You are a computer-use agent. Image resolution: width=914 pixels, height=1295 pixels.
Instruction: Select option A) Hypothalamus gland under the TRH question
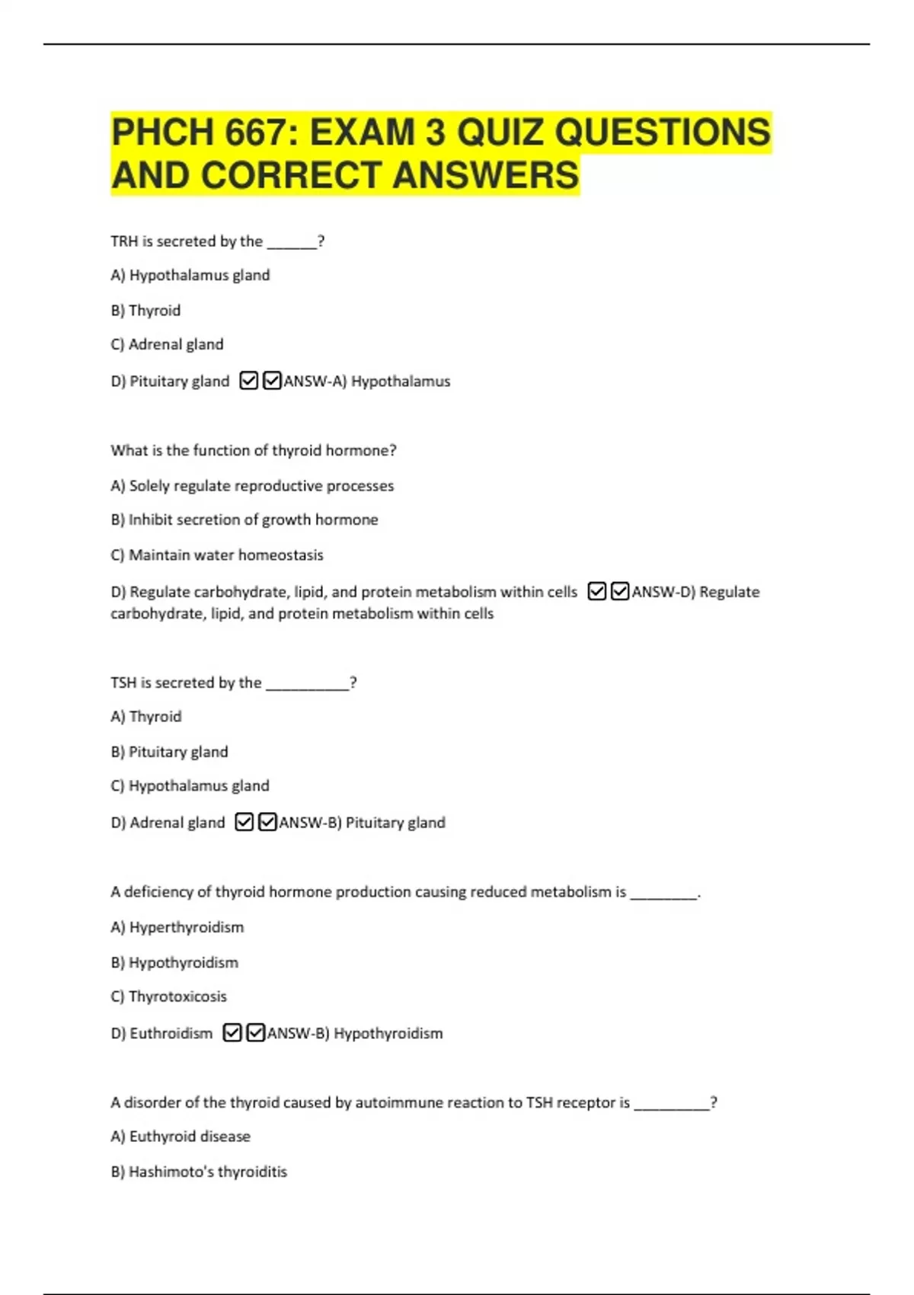click(x=190, y=275)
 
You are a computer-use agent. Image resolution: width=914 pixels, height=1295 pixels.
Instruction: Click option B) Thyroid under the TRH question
click(x=145, y=310)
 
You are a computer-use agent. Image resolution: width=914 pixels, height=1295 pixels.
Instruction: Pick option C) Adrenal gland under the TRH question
click(x=167, y=344)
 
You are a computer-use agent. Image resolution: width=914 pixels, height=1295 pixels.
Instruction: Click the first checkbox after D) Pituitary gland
click(x=248, y=380)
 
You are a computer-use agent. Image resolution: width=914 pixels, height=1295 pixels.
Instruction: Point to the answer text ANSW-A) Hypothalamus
click(x=367, y=381)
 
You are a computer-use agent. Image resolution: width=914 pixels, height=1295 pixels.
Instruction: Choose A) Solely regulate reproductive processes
click(x=252, y=485)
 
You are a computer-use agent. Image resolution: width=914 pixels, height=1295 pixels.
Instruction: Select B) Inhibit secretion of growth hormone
click(x=244, y=520)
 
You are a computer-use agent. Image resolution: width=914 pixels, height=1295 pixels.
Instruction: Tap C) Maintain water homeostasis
click(x=217, y=555)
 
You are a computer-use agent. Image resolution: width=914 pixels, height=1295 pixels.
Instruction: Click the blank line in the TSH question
click(x=307, y=683)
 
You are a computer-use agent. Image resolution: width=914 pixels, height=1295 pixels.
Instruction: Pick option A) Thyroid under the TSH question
click(x=146, y=716)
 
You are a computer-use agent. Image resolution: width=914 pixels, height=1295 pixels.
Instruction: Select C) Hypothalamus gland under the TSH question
click(x=190, y=785)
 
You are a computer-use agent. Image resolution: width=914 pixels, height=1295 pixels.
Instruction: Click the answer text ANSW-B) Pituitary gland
click(x=363, y=823)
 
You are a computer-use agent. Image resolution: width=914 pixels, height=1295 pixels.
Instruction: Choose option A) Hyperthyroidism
click(x=177, y=927)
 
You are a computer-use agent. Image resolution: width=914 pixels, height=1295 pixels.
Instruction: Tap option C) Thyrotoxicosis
click(x=168, y=996)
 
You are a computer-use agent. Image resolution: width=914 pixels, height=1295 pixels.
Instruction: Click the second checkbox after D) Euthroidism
click(x=256, y=1033)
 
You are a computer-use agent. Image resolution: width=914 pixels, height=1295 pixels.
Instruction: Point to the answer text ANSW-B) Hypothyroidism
click(x=355, y=1034)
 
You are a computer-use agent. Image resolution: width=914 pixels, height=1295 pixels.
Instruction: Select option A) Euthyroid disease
click(x=181, y=1137)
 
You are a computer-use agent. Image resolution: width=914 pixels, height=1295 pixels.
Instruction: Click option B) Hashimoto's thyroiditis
click(x=199, y=1172)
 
